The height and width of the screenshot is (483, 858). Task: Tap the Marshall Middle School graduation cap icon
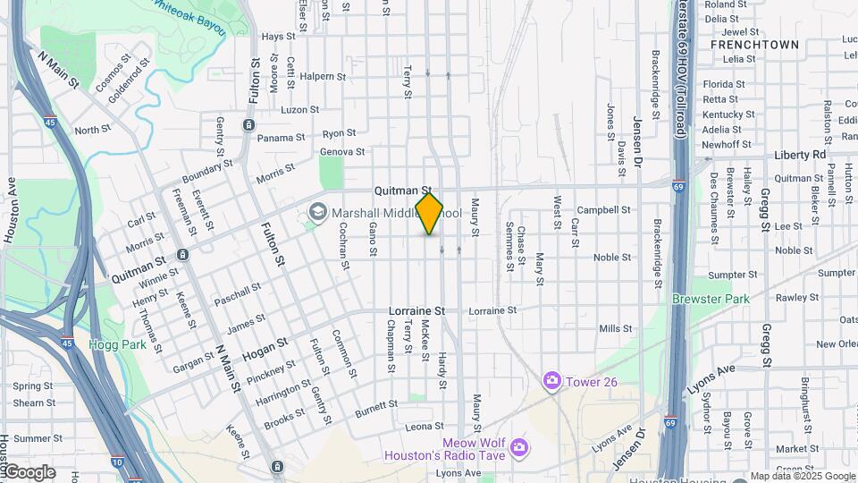(x=316, y=213)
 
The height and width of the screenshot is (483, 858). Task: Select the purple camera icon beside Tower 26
(x=551, y=381)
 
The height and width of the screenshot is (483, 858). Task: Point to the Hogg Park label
(x=110, y=343)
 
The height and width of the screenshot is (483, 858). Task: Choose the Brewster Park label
(x=711, y=297)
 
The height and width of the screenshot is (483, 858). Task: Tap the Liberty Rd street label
(x=800, y=155)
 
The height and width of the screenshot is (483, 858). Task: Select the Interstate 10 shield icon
(x=117, y=462)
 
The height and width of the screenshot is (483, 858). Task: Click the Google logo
(x=29, y=471)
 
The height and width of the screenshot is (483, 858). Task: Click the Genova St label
(x=343, y=152)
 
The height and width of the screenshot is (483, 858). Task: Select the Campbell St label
(x=603, y=210)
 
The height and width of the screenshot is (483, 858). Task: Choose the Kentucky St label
(x=728, y=114)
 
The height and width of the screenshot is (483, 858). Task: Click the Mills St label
(x=616, y=329)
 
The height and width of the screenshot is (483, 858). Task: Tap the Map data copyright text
(x=803, y=476)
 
